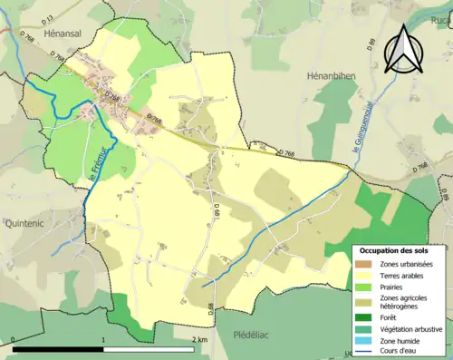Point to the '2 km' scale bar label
[199, 340]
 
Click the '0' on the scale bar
[14, 340]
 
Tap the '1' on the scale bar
[104, 340]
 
